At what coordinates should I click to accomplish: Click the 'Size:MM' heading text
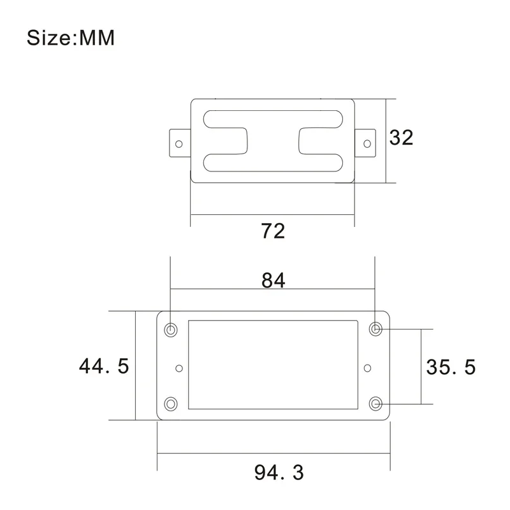(71, 38)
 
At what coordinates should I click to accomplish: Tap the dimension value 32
(402, 138)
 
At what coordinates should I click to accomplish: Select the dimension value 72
(273, 231)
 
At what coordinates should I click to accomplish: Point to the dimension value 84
(273, 280)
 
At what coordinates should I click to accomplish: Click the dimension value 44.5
(104, 366)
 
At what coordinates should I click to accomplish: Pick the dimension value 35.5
(451, 367)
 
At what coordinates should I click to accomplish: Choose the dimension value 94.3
(279, 472)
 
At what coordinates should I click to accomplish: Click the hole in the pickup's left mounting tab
(179, 144)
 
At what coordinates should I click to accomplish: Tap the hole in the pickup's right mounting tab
(367, 144)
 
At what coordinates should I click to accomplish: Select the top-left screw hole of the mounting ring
(171, 330)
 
